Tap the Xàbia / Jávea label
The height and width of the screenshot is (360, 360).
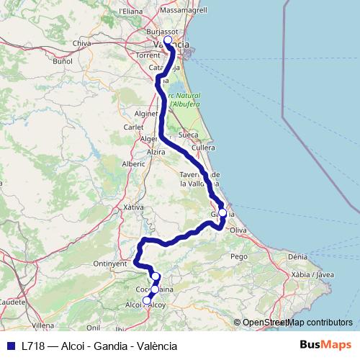pyautogui.click(x=313, y=274)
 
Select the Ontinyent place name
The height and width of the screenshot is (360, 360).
pyautogui.click(x=110, y=264)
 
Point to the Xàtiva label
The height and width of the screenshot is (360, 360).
pyautogui.click(x=114, y=207)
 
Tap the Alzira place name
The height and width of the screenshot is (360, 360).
pyautogui.click(x=156, y=153)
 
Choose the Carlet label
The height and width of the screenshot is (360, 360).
pyautogui.click(x=133, y=127)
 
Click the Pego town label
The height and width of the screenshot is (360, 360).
pyautogui.click(x=238, y=256)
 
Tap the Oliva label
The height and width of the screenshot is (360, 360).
pyautogui.click(x=238, y=230)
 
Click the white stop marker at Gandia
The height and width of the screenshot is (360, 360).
pyautogui.click(x=222, y=213)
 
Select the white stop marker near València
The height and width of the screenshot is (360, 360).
pyautogui.click(x=168, y=41)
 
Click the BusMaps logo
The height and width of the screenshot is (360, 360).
pyautogui.click(x=325, y=345)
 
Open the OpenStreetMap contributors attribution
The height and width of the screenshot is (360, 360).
pyautogui.click(x=293, y=323)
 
